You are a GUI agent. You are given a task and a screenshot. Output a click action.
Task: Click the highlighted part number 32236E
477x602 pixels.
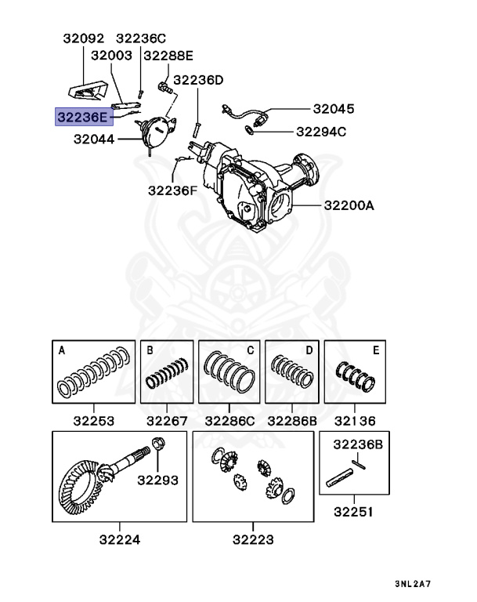point(83,117)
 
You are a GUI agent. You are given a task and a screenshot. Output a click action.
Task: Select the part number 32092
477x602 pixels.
point(82,38)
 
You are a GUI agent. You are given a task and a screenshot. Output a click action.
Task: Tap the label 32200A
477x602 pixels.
point(349,206)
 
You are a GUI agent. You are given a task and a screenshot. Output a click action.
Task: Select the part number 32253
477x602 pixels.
point(92,421)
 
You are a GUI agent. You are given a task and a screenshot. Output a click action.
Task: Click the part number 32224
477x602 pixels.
point(120,539)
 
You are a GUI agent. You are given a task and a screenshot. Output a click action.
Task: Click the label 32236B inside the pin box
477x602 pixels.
point(358,444)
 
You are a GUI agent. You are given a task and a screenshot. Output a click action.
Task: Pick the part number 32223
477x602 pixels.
point(253,539)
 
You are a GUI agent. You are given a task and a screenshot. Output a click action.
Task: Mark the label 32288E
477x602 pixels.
point(166,56)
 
